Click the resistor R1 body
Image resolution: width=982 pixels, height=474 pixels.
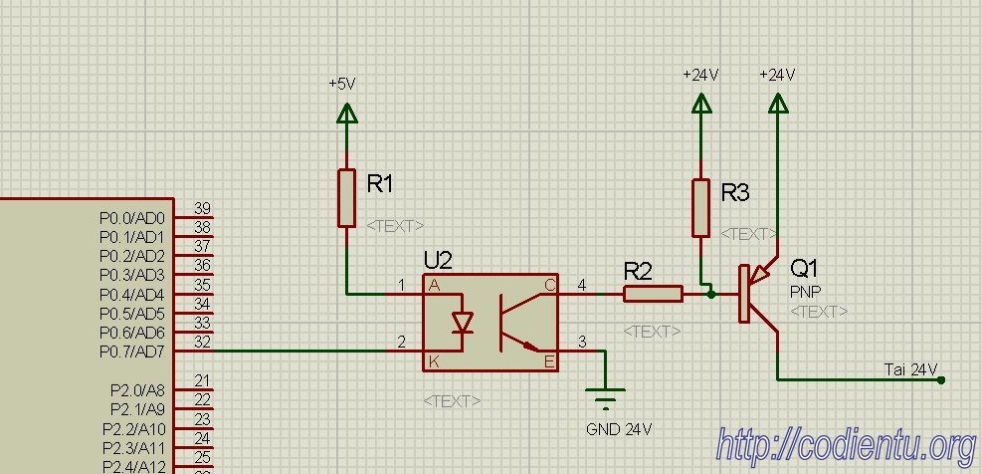coord(346,197)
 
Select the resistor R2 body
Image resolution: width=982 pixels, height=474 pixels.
coord(653,294)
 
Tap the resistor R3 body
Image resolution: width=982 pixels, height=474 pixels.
coord(700,207)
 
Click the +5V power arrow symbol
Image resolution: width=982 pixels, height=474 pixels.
coord(346,113)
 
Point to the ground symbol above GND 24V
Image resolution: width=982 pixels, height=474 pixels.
coord(605,398)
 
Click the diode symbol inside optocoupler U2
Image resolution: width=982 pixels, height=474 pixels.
coord(463,322)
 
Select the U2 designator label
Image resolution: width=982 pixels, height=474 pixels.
coord(438,260)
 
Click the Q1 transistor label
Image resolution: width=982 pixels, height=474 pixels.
coord(804,268)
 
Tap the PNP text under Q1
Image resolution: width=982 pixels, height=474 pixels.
coord(805,292)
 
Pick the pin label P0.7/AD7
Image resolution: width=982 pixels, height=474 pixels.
coord(131,352)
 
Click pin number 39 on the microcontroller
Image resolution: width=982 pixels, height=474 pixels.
coord(202,208)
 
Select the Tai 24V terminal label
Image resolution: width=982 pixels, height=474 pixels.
coord(910,369)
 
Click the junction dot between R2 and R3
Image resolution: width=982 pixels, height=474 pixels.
coord(710,294)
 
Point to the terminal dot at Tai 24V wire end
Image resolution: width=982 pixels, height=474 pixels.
coord(940,380)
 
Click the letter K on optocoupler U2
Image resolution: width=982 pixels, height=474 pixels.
coord(433,361)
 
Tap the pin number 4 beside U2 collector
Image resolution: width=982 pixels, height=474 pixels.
coord(582,286)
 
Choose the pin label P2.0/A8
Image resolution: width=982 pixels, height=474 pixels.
coord(137,390)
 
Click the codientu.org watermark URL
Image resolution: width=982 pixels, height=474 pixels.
coord(847,446)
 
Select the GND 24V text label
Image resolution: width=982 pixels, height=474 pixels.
coord(619,429)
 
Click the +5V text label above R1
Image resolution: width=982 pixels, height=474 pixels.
coord(342,84)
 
